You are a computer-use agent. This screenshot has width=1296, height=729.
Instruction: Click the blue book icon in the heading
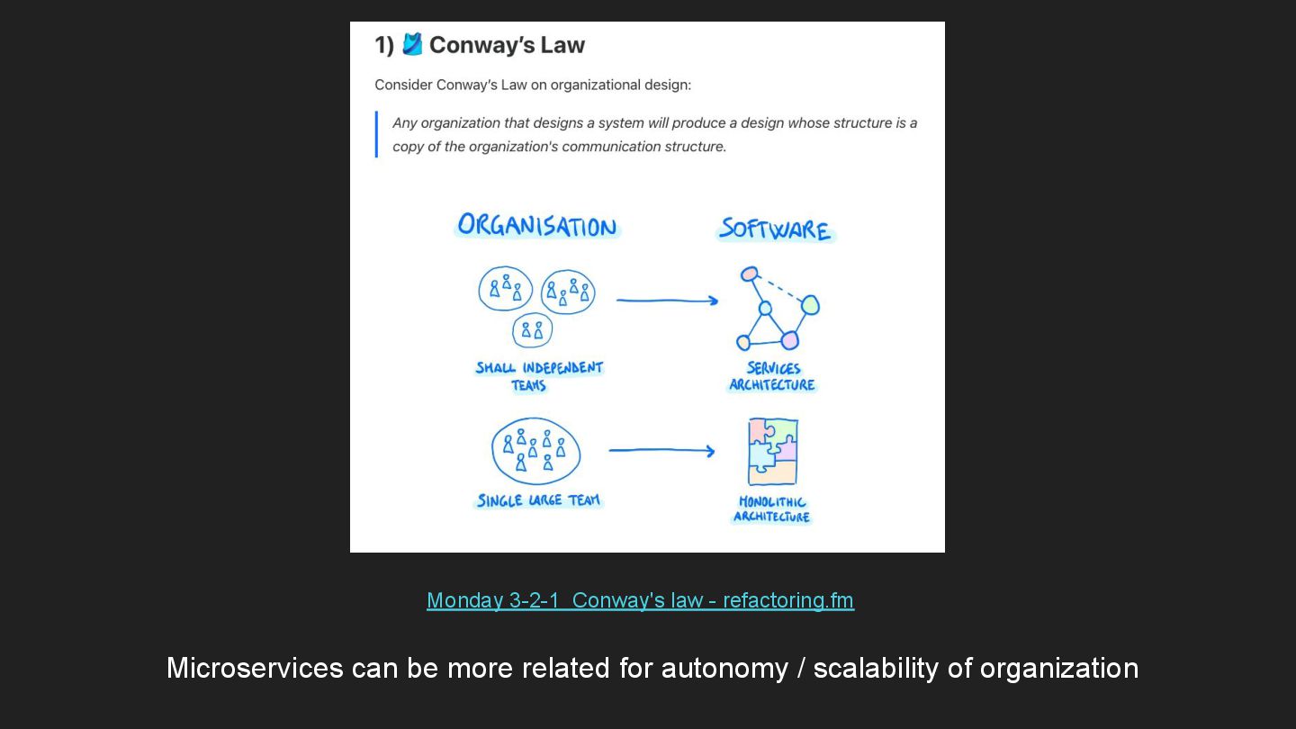412,44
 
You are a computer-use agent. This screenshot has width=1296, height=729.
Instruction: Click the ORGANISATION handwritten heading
537,226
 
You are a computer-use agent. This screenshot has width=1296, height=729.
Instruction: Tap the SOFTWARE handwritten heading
775,229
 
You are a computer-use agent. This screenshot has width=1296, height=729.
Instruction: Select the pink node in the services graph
750,274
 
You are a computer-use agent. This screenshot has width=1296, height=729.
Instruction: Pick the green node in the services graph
810,305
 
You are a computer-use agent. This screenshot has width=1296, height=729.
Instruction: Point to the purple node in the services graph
789,340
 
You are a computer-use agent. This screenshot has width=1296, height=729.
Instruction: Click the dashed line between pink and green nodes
779,289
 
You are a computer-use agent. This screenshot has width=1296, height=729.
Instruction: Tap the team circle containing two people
532,330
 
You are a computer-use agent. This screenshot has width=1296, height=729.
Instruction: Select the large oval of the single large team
535,451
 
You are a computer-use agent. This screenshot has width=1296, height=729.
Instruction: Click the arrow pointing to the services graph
667,301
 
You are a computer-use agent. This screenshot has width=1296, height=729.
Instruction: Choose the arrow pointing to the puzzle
661,450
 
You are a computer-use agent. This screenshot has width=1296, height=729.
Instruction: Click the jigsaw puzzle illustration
772,452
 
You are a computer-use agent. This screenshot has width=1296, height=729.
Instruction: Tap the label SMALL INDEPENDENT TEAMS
539,376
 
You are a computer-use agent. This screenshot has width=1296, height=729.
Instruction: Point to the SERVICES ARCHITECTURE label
772,376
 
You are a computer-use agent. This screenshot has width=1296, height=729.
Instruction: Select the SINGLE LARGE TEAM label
538,500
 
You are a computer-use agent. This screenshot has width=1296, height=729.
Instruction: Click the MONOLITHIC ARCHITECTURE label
772,509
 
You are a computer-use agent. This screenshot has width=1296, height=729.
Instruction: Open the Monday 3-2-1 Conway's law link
640,600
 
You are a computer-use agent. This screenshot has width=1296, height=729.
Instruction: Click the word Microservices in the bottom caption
255,668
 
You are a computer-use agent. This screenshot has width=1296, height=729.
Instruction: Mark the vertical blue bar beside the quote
376,134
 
